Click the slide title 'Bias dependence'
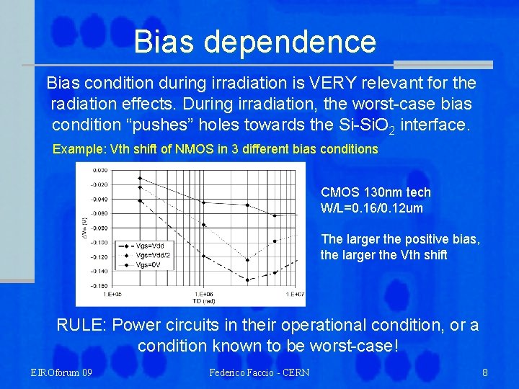pos(254,42)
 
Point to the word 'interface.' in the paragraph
pos(435,125)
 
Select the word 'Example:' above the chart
pos(79,149)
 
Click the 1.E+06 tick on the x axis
pos(204,294)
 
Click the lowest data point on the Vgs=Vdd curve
pos(248,280)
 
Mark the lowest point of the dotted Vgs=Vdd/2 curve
pos(248,259)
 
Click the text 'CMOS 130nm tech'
pos(376,192)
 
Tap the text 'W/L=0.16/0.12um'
pos(371,208)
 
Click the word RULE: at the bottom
pos(81,325)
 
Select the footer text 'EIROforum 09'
pos(61,372)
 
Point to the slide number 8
pos(485,372)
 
